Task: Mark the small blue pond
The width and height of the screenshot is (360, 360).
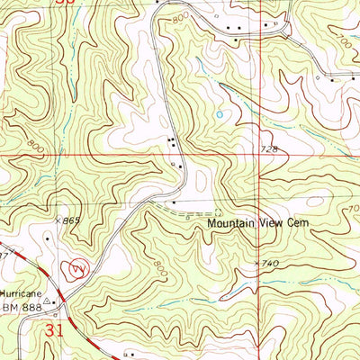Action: (218, 114)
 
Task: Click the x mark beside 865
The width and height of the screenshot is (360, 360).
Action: (56, 219)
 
